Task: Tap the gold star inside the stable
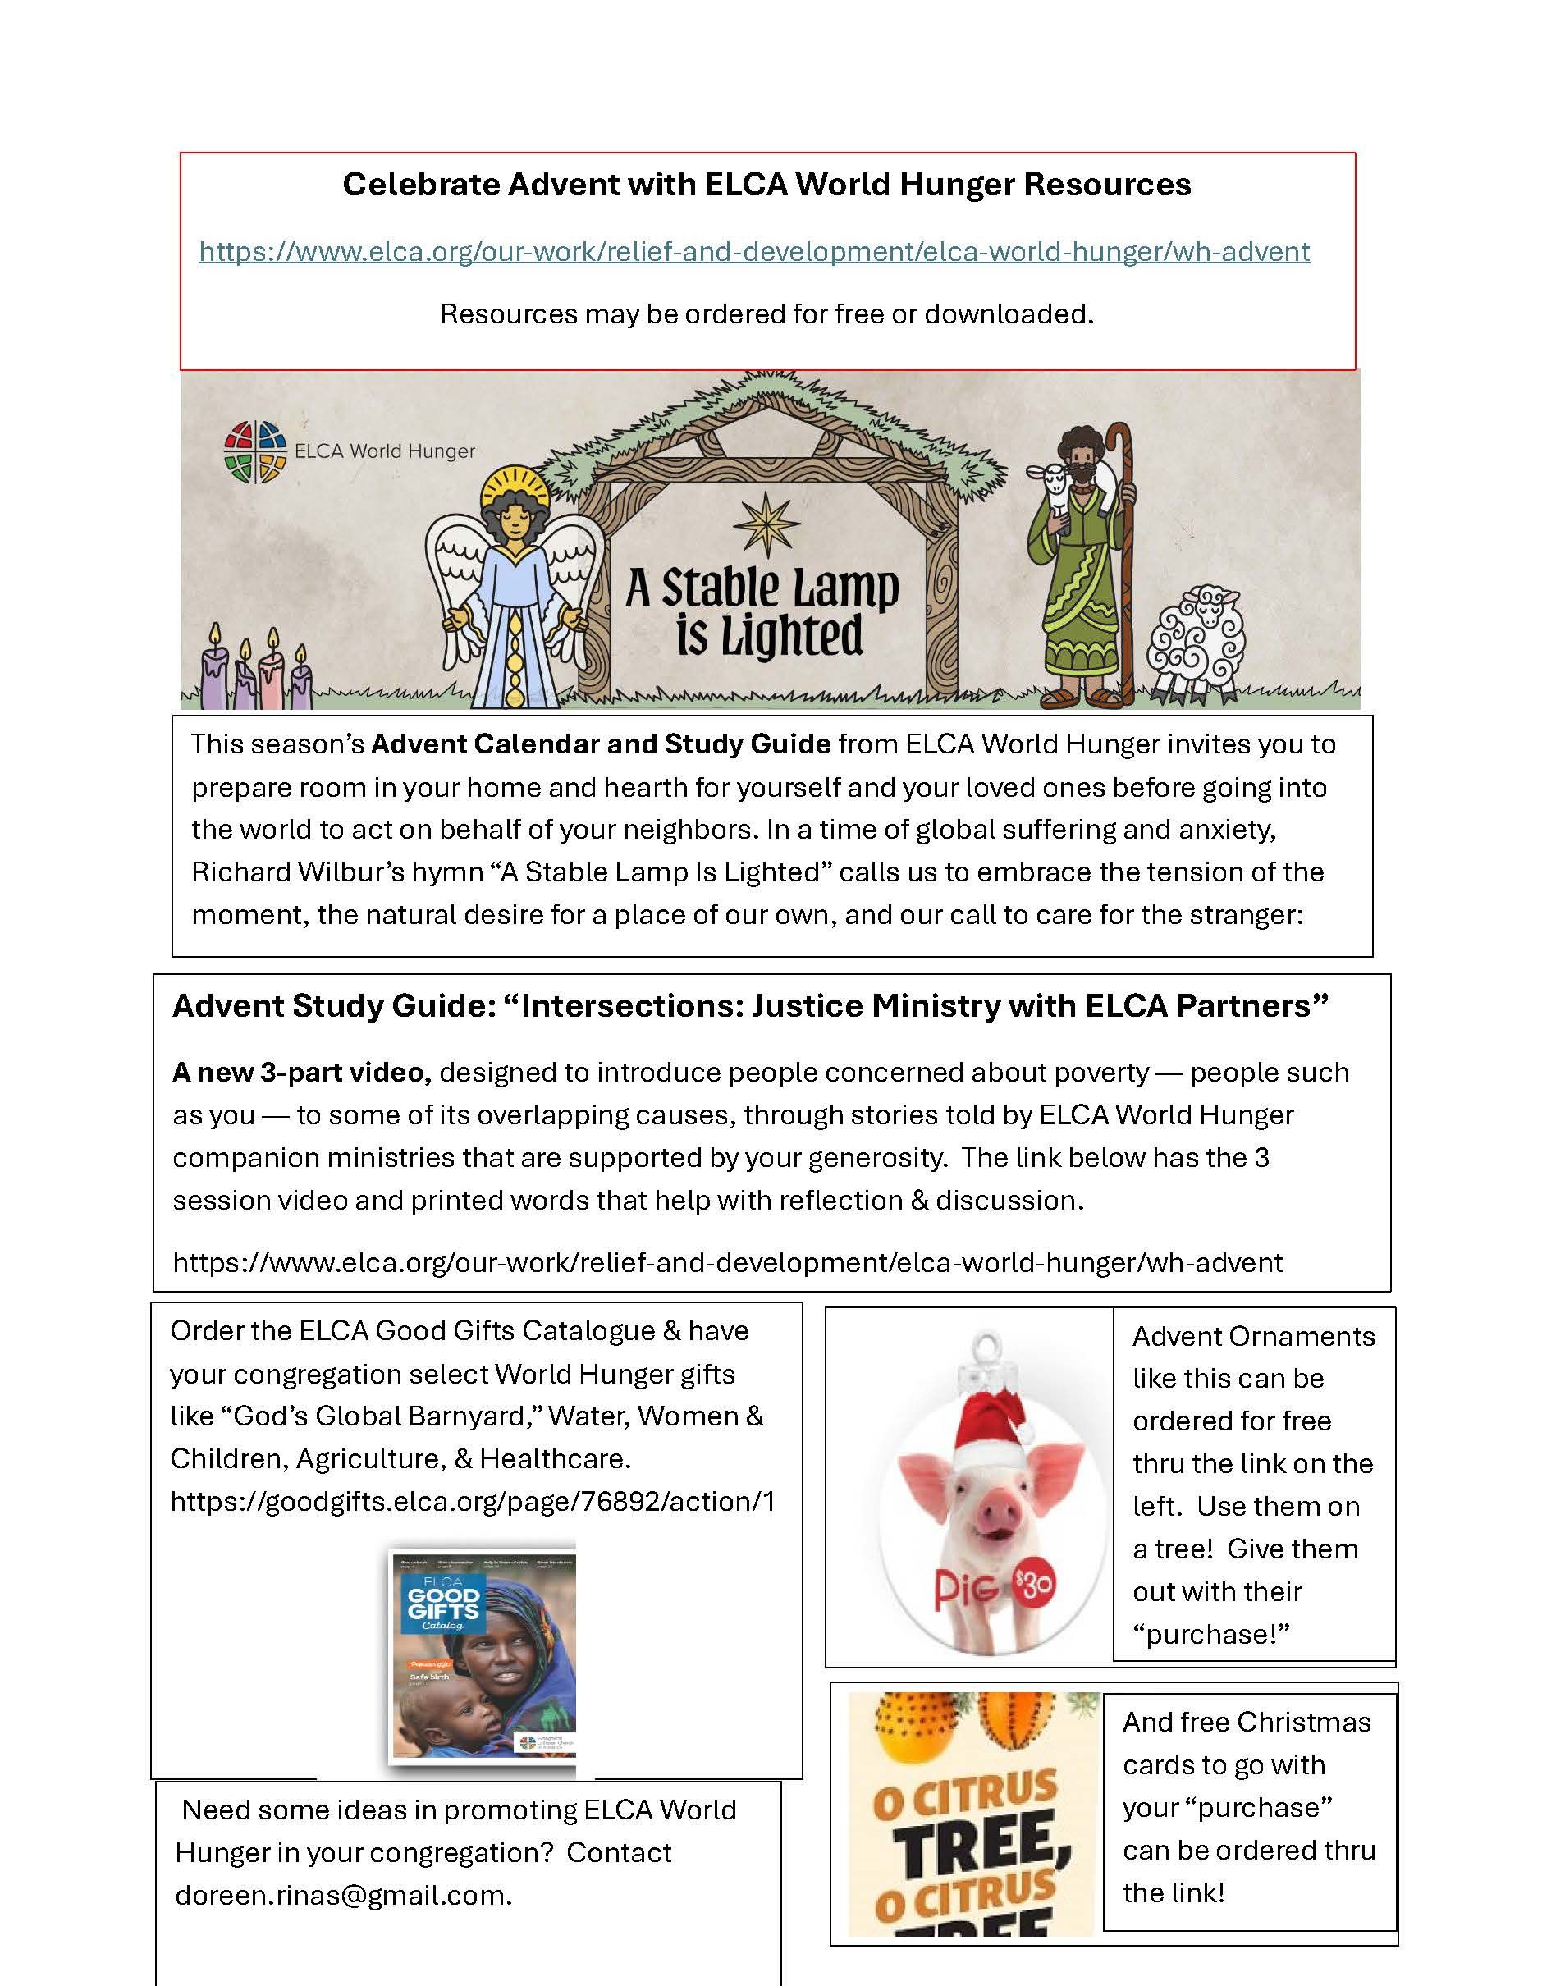coord(767,524)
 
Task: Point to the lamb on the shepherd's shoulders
coord(1055,487)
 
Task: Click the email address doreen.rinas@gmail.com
coord(342,1895)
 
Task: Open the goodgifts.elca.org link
coord(472,1501)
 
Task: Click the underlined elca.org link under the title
coord(753,252)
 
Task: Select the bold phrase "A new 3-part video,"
coord(302,1073)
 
